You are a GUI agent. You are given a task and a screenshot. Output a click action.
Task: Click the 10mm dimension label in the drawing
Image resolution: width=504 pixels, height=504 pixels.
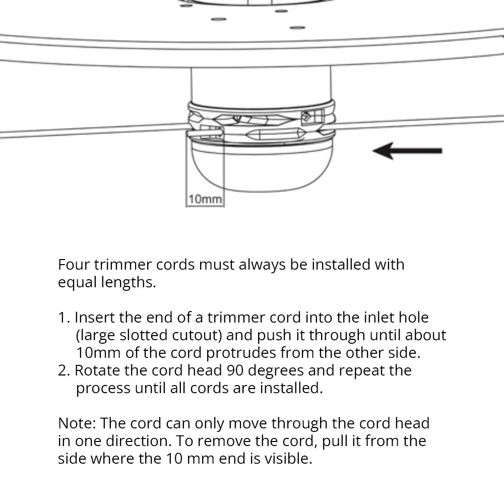(x=205, y=199)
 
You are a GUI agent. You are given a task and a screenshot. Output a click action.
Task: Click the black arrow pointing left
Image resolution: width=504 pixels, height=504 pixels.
(x=407, y=150)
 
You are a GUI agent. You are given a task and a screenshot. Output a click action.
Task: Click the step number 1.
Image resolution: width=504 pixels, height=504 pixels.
(x=64, y=318)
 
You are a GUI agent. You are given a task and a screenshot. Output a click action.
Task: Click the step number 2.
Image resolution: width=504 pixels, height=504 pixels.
(x=64, y=370)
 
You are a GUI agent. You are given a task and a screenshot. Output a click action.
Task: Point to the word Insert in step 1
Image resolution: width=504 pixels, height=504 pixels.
(x=95, y=318)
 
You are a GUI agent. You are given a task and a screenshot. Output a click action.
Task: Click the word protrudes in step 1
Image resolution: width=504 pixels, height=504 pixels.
(x=241, y=353)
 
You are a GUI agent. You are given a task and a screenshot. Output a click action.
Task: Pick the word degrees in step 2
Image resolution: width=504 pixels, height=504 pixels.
(x=276, y=371)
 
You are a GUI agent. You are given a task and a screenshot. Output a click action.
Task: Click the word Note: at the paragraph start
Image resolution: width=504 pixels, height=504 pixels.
(x=77, y=423)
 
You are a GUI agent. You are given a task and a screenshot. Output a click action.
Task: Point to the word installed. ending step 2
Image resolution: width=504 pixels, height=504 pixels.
(x=291, y=388)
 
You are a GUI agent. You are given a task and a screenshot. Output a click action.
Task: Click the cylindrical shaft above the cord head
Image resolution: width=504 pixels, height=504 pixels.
(x=261, y=85)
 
